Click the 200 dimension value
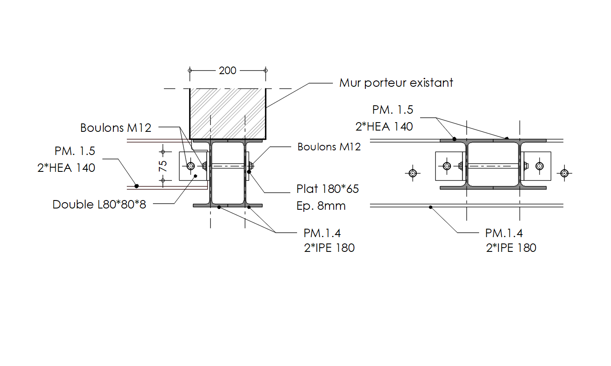228,70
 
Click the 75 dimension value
163,166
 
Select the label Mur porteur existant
396,83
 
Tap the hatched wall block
228,113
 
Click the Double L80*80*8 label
99,204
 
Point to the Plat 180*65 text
327,189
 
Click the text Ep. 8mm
321,206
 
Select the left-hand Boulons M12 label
115,128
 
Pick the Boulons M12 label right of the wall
329,147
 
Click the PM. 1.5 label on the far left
75,151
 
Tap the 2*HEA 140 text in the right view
384,126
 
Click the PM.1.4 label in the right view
504,233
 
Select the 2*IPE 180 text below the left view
329,248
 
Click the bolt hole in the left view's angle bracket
190,166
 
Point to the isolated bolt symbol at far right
565,173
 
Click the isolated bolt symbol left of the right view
413,173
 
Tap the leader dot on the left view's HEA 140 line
137,186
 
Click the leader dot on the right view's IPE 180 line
430,207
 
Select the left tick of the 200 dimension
190,70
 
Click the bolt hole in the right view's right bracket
539,166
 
